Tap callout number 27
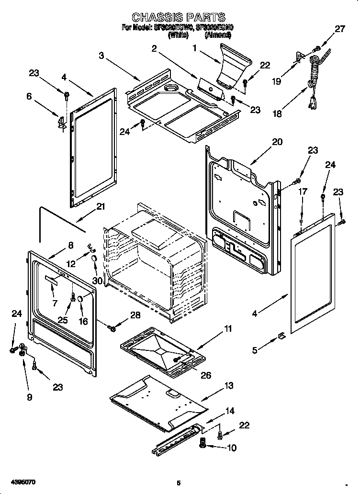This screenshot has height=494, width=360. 339,29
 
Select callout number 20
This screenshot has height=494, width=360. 277,142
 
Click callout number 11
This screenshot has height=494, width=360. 228,328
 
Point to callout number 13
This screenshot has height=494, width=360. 229,386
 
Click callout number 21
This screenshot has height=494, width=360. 100,207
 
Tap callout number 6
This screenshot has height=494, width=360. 29,96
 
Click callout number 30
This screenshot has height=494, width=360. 98,281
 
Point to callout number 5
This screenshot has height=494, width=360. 255,350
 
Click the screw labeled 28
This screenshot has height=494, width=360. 113,328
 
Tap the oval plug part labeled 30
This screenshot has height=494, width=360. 95,258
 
